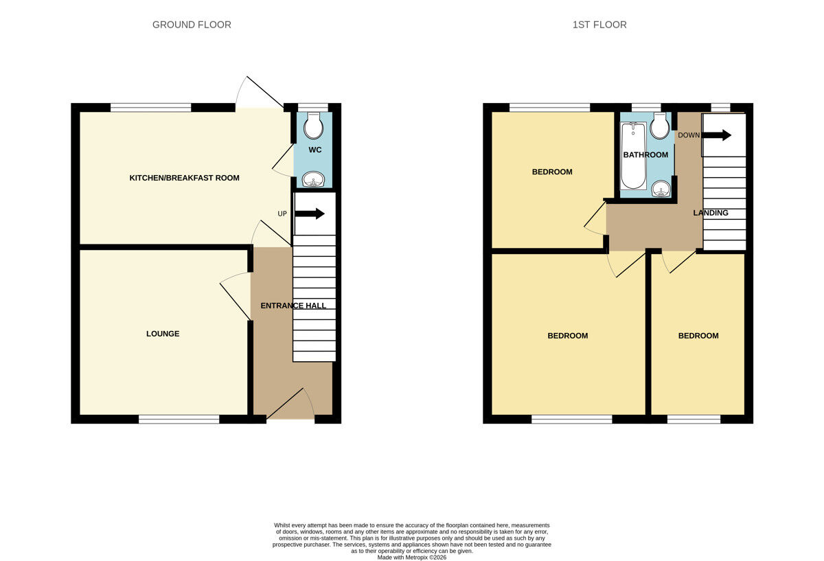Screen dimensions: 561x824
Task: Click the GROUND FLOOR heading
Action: (x=192, y=25)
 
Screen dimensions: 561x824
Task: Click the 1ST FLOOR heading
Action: (x=599, y=25)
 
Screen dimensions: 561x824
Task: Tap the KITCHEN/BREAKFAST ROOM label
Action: (x=184, y=178)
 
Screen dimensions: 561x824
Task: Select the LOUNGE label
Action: (x=163, y=334)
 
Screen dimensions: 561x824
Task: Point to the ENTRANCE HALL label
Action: (x=293, y=306)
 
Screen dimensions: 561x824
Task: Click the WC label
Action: (x=314, y=150)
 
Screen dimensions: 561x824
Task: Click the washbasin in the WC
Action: (x=314, y=180)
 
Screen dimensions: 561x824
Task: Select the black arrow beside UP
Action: (x=310, y=214)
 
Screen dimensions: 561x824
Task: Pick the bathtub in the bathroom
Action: (x=632, y=156)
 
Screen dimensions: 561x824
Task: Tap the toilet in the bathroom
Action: (x=661, y=125)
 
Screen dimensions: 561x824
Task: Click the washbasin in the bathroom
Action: (x=661, y=187)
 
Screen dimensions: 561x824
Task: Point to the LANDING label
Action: (x=711, y=213)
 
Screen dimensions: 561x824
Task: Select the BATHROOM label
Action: (x=645, y=155)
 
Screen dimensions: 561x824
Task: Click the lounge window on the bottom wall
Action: (x=179, y=419)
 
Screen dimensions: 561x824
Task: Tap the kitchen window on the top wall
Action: (x=150, y=107)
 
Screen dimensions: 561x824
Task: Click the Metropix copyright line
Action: (x=412, y=558)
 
